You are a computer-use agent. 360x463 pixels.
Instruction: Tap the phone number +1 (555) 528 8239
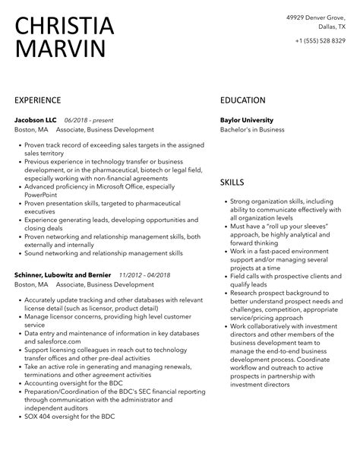318,41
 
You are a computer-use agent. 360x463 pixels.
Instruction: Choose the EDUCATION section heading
242,100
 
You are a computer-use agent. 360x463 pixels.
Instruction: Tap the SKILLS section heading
232,182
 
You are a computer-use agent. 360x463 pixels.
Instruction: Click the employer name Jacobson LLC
35,120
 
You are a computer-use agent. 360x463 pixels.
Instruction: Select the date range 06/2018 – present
87,120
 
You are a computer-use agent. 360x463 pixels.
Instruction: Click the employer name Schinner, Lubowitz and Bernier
63,274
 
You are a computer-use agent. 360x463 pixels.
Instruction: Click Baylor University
246,120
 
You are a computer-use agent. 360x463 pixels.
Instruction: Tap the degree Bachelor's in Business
252,130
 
